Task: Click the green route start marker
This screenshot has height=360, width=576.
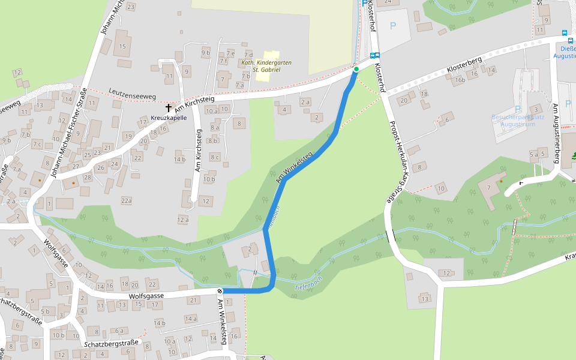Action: click(356, 70)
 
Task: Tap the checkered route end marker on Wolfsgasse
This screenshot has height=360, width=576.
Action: click(220, 291)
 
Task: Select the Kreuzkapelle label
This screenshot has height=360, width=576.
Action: click(169, 118)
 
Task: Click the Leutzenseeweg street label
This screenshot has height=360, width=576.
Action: click(132, 94)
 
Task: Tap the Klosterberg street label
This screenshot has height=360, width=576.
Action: click(465, 70)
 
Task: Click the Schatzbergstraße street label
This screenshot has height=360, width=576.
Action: click(112, 344)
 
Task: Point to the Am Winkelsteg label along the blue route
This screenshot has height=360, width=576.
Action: click(295, 168)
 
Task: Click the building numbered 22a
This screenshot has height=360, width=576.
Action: click(126, 200)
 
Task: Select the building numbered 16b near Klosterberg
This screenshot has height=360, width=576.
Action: click(460, 79)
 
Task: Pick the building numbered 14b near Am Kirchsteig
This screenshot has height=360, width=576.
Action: click(179, 160)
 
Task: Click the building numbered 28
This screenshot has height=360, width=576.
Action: click(88, 178)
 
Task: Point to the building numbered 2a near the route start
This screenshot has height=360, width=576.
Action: click(305, 103)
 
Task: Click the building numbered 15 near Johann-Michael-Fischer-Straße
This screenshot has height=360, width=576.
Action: click(123, 46)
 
